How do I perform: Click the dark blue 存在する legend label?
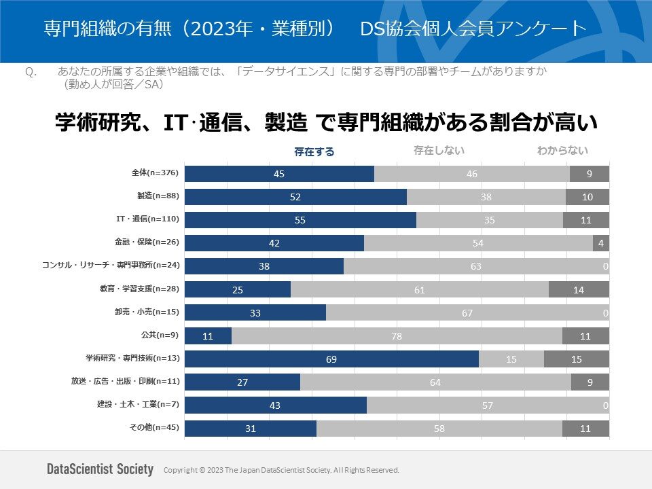pos(314,152)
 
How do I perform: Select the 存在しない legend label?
pos(439,151)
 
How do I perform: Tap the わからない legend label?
pos(562,151)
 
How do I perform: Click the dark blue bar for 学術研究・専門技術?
pos(331,359)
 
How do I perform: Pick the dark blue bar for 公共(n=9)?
pos(208,336)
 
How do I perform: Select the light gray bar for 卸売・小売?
pos(467,312)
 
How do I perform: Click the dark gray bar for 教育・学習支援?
pos(579,289)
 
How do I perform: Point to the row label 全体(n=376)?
pos(155,173)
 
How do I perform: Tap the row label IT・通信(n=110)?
pos(147,219)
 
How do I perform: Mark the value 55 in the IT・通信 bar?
pos(300,220)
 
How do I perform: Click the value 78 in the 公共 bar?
pos(397,336)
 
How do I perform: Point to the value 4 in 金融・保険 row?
pos(601,243)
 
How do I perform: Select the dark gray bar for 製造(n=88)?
pos(587,197)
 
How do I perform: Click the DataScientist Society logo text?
pos(100,469)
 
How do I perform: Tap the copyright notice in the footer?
pos(281,470)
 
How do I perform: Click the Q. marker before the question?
pos(29,71)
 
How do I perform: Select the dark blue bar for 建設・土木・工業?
pos(276,405)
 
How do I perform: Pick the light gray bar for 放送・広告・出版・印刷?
pos(435,382)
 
